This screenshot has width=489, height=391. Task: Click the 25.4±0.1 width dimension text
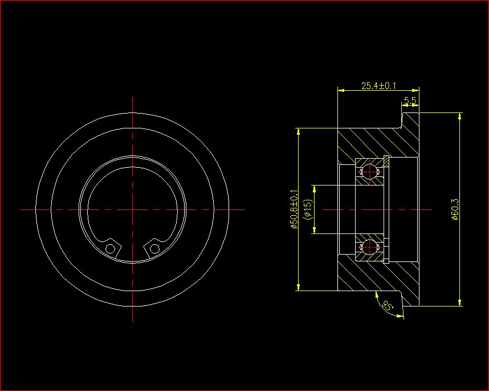point(378,85)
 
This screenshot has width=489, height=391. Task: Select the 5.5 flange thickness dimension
point(410,100)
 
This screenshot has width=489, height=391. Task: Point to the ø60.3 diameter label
point(455,209)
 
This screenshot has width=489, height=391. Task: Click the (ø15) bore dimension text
point(307,209)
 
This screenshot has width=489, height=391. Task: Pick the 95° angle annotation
point(388,305)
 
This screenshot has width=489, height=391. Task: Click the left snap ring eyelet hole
point(110,249)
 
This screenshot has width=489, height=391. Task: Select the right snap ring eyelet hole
point(154,249)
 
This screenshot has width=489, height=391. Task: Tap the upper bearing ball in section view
point(369,171)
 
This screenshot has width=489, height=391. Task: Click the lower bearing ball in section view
point(369,247)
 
